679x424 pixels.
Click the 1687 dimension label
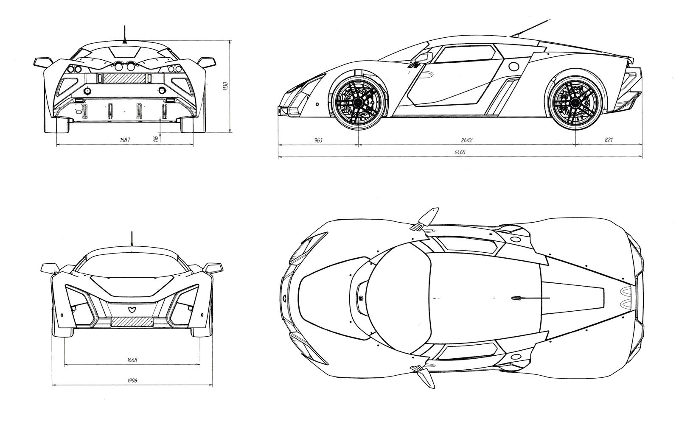[x=125, y=139]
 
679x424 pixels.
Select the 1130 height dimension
[x=225, y=86]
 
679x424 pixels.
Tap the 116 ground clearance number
[x=156, y=139]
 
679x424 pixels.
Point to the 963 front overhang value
[x=318, y=140]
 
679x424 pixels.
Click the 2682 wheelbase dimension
[x=467, y=140]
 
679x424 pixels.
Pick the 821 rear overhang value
[x=609, y=139]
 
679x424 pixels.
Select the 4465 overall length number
[x=460, y=152]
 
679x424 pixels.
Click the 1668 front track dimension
[x=132, y=360]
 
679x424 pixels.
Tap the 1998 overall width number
[x=132, y=380]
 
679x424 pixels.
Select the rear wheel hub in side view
[x=575, y=103]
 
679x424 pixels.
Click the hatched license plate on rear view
[x=125, y=78]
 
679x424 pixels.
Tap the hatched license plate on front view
[x=132, y=322]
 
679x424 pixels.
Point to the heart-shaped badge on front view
[x=132, y=310]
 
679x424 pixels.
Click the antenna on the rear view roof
[x=124, y=35]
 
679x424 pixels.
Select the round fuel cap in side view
[x=514, y=66]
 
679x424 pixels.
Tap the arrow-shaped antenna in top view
[x=530, y=298]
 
